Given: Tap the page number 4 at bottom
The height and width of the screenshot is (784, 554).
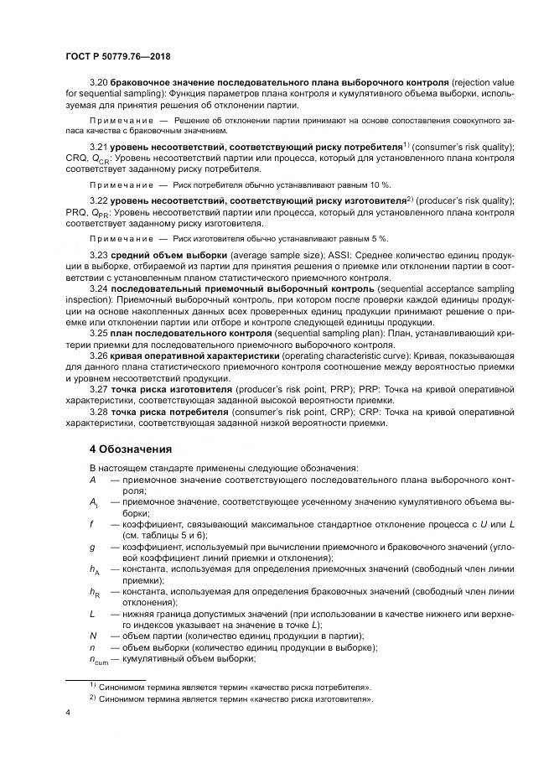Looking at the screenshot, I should coord(68,712).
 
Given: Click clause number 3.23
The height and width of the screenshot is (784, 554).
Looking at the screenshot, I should coord(100,254).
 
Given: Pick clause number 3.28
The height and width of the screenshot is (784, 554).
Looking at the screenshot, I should coord(100,413).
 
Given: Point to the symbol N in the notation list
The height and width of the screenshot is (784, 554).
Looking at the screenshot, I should coord(92,636).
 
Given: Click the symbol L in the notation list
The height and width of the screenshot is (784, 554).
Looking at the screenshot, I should coord(91,614).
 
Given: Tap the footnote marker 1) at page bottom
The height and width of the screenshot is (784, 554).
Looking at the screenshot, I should coord(93,686).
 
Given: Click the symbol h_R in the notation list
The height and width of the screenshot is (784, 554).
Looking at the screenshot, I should coord(94,592).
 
